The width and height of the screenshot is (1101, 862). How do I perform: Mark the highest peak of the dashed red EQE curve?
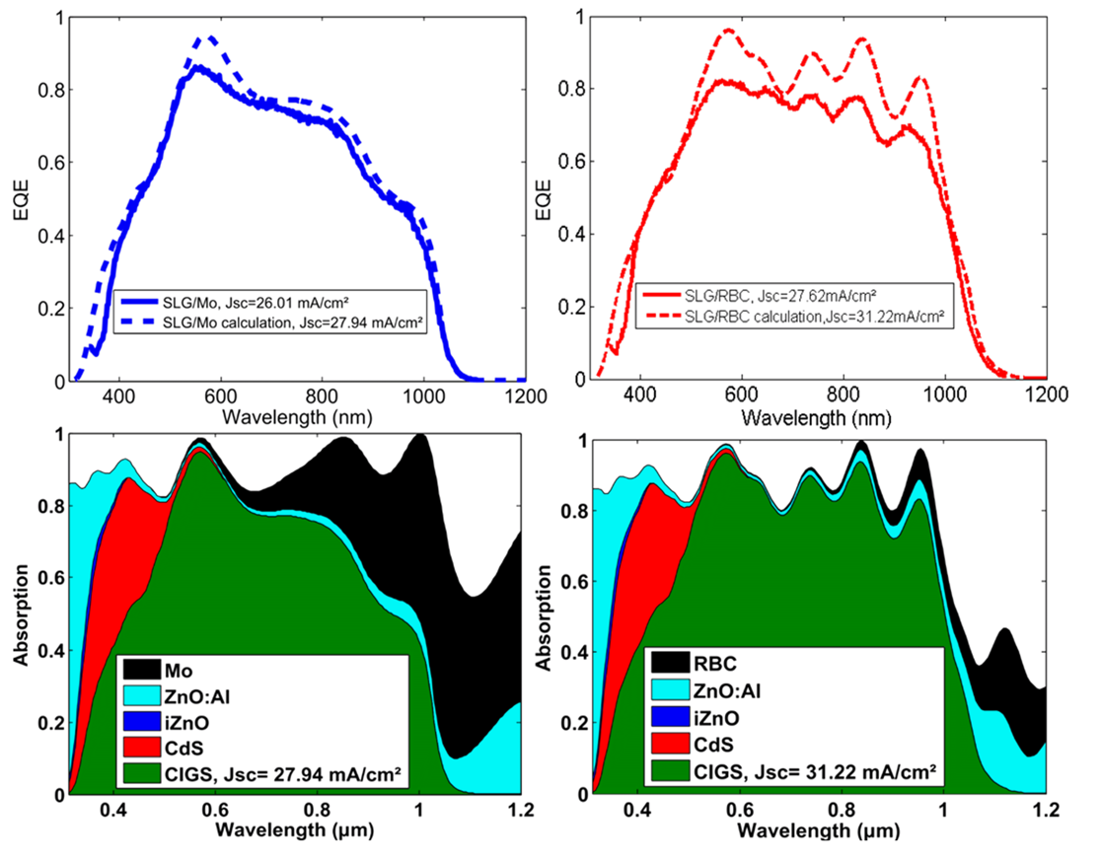(729, 30)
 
